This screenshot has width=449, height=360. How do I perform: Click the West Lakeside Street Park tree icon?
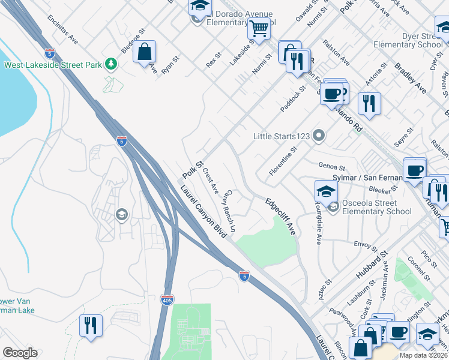point(110,64)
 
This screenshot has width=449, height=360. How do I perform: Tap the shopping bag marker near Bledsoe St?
point(145,52)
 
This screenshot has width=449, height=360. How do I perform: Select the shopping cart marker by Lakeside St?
point(259,28)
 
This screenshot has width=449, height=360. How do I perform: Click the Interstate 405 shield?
point(168,299)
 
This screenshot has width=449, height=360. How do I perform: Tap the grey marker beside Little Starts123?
point(319,136)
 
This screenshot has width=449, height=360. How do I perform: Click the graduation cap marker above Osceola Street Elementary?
point(326,191)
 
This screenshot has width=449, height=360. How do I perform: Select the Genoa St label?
point(332,169)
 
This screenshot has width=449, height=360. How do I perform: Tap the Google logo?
point(20,353)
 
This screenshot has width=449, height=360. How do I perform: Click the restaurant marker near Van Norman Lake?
point(91,326)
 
